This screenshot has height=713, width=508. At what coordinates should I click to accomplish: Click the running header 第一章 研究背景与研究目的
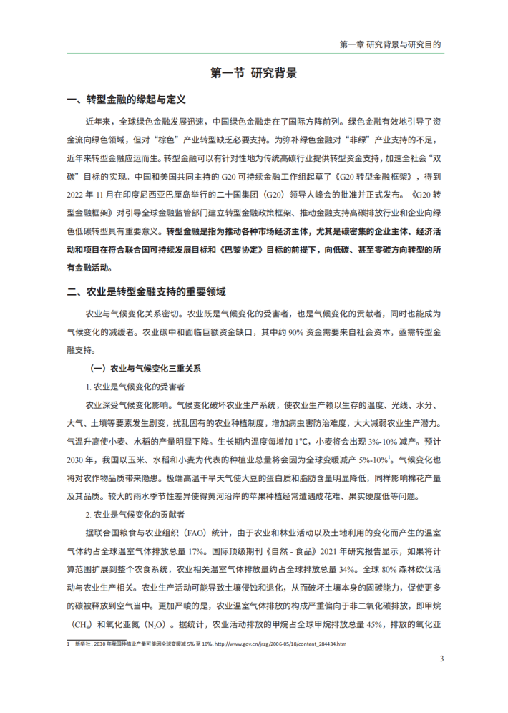pos(389,44)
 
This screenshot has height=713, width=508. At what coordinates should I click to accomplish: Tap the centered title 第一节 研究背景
pos(254,73)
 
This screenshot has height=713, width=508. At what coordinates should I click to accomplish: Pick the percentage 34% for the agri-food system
pos(348,571)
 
